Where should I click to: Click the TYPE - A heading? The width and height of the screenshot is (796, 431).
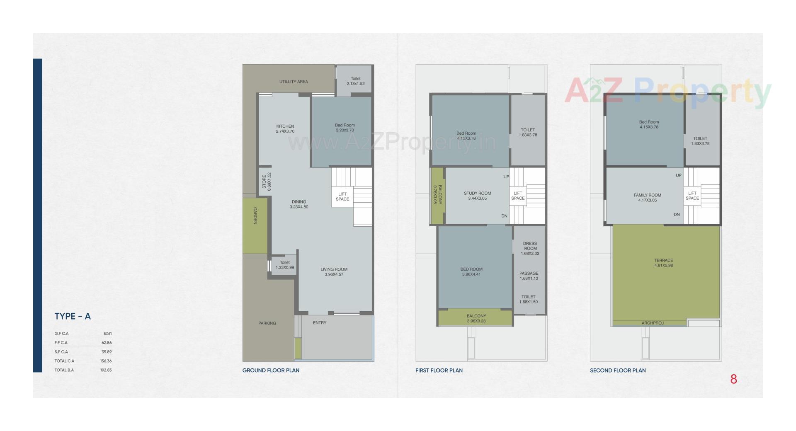(x=73, y=316)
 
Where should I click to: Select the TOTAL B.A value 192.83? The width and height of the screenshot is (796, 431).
(x=106, y=370)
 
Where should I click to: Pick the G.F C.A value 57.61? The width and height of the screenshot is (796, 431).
(x=107, y=334)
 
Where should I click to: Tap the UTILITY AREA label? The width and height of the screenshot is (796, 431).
(x=294, y=82)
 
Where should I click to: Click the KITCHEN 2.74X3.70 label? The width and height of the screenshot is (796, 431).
(x=285, y=129)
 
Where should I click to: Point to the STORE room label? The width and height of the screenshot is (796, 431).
(x=267, y=182)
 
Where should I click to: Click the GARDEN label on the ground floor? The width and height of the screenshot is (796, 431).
(x=255, y=216)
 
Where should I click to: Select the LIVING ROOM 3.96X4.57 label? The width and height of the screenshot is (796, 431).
(x=334, y=271)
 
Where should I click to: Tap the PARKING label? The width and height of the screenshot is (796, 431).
(x=267, y=323)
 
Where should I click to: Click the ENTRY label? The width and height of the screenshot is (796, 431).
(x=320, y=323)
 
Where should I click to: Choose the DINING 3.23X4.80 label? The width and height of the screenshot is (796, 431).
(x=299, y=204)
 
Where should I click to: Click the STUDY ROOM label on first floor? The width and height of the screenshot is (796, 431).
(x=477, y=196)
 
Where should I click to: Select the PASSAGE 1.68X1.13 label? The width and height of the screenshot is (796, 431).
(x=529, y=276)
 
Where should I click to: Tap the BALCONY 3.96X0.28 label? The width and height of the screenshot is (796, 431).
(x=476, y=318)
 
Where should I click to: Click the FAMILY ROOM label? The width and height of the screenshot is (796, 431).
(x=647, y=198)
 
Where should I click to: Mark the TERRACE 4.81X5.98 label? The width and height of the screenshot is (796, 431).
(x=663, y=263)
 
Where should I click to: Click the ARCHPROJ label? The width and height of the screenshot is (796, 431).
(x=653, y=323)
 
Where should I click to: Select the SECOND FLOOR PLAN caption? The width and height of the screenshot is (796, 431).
(x=618, y=370)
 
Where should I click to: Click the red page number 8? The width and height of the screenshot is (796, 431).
(x=733, y=379)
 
